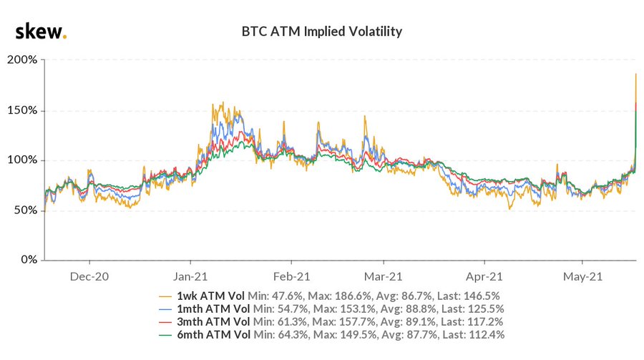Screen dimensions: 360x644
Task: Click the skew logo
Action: coord(42,31)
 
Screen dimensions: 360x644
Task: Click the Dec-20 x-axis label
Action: coord(89,276)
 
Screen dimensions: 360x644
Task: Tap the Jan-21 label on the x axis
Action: coord(191,276)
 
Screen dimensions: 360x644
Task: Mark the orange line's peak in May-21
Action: coord(636,74)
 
